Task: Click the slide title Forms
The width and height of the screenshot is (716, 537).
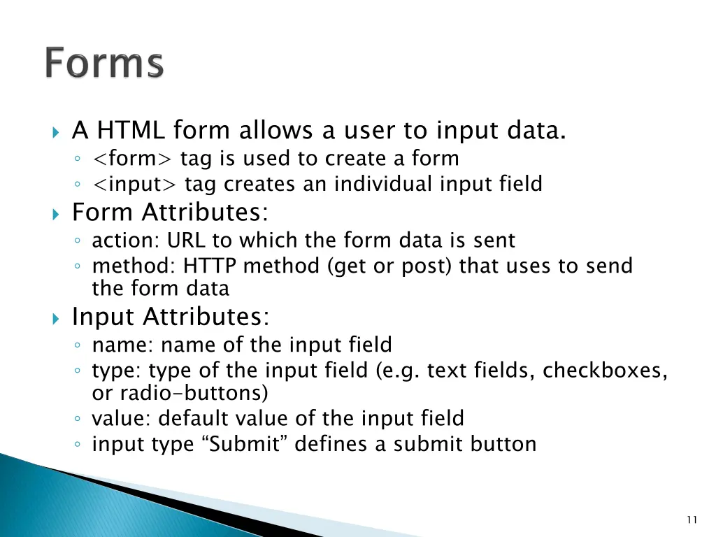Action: [105, 64]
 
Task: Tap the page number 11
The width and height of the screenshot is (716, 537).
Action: [692, 519]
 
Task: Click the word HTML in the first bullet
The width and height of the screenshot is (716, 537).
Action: [131, 130]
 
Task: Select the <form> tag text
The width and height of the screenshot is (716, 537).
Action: [133, 159]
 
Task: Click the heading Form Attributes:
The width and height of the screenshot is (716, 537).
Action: [171, 211]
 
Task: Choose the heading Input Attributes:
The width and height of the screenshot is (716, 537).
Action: [171, 317]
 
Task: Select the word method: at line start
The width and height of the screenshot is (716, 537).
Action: [134, 266]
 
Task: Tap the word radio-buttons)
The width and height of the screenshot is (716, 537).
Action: [180, 393]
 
